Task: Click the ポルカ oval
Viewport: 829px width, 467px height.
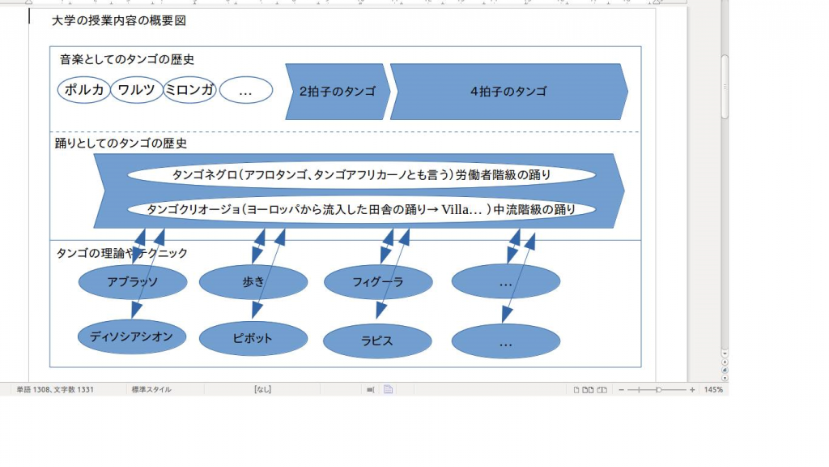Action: (83, 90)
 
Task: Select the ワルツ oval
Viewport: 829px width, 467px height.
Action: (136, 90)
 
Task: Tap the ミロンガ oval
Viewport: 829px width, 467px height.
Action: (189, 90)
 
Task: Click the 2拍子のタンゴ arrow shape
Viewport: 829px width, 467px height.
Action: (338, 92)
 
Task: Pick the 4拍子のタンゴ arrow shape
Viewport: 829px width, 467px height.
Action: (508, 92)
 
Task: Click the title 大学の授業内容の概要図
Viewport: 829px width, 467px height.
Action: (119, 20)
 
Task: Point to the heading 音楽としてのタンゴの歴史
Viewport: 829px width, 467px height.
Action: (127, 59)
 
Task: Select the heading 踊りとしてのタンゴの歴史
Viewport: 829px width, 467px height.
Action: (121, 144)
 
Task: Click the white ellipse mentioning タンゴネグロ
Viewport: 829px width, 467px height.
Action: (362, 175)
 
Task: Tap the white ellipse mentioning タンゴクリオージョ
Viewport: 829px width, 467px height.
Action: (362, 209)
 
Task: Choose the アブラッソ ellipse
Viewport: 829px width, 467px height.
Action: (133, 281)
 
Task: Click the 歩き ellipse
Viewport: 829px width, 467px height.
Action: (253, 281)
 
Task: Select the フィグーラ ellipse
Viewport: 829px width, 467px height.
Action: (378, 281)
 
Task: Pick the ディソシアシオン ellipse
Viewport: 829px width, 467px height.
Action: (132, 336)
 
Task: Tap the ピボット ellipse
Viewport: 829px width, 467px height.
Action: (253, 338)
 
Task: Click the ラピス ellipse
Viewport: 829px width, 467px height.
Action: (377, 341)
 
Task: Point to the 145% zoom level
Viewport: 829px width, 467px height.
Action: (713, 390)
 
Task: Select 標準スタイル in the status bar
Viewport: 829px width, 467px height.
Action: (151, 390)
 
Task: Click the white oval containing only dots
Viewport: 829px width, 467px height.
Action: (246, 90)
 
